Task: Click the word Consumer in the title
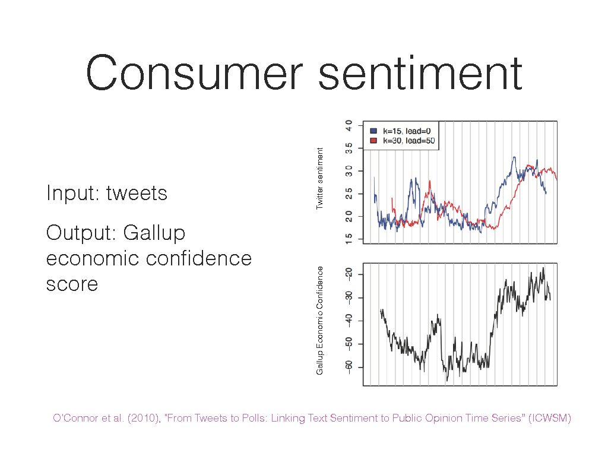[x=194, y=72]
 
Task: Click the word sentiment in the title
[x=420, y=72]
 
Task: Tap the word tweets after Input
[x=137, y=193]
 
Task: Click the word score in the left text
[x=72, y=284]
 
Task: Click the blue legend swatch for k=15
[x=373, y=131]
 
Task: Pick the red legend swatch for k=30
[x=373, y=141]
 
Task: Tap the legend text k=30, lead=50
[x=408, y=141]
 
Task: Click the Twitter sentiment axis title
[x=319, y=179]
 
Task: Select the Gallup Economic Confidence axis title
[x=319, y=321]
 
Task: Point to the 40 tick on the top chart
[x=349, y=126]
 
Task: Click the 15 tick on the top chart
[x=349, y=239]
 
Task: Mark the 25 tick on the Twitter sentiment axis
[x=349, y=194]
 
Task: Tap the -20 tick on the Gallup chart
[x=349, y=273]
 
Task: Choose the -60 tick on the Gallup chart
[x=349, y=367]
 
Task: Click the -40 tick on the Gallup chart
[x=349, y=320]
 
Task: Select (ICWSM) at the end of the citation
[x=549, y=419]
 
